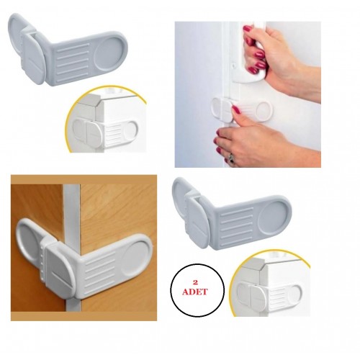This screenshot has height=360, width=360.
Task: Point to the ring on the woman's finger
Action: pyautogui.click(x=231, y=156)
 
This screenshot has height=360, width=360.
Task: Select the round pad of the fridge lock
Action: pyautogui.click(x=264, y=110)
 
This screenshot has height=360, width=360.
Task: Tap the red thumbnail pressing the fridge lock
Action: pyautogui.click(x=235, y=109)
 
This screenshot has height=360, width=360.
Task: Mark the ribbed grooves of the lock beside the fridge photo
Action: pyautogui.click(x=72, y=61)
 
